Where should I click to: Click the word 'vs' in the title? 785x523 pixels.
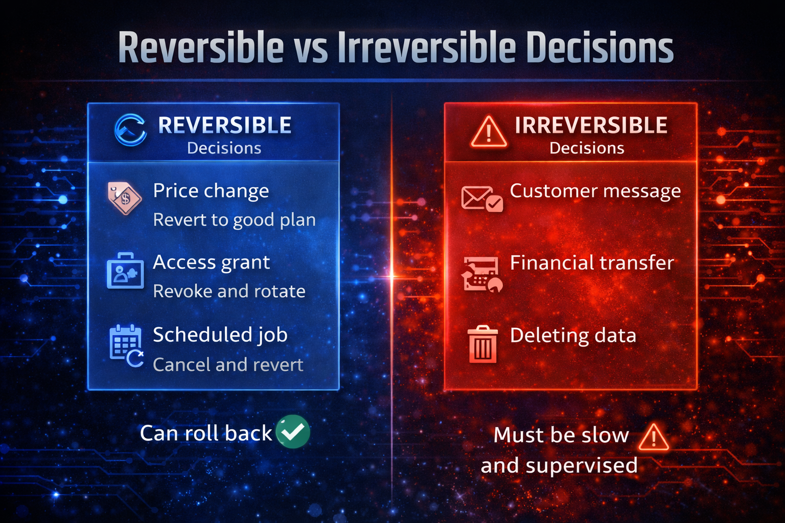click(310, 48)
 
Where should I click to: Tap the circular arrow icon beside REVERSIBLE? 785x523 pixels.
click(130, 130)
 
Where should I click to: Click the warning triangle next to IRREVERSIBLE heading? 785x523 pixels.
click(489, 132)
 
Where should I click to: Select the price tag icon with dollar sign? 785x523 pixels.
click(124, 198)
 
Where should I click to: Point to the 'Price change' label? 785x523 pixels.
click(211, 191)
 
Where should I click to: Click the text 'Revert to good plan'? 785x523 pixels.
click(234, 220)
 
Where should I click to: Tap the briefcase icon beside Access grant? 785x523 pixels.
click(125, 271)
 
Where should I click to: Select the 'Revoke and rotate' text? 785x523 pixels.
click(229, 291)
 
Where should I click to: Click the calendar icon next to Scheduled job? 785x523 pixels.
click(126, 345)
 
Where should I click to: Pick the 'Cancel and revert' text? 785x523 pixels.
click(228, 365)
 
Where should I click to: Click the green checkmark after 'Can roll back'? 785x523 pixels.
click(292, 432)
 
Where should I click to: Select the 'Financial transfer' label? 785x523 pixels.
click(592, 263)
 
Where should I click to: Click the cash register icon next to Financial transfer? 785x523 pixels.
click(482, 274)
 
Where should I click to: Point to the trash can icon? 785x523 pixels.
click(482, 344)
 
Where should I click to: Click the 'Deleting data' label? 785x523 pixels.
click(573, 336)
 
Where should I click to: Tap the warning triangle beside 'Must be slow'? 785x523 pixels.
click(653, 438)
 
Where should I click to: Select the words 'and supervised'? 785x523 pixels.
click(559, 466)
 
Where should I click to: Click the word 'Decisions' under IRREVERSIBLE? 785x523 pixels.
click(587, 148)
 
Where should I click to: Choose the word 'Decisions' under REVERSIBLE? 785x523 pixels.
click(224, 148)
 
